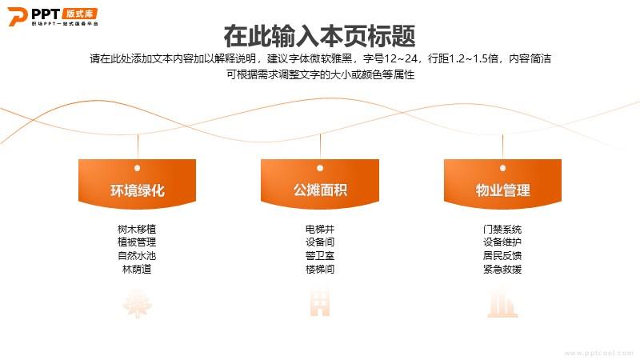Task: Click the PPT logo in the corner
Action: (x=53, y=17)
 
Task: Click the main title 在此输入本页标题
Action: (x=319, y=36)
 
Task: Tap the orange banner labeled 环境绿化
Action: (x=137, y=184)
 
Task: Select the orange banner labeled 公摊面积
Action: (x=320, y=184)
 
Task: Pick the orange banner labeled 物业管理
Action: (x=502, y=184)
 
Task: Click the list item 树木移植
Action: (x=137, y=229)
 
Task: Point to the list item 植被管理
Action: (x=137, y=242)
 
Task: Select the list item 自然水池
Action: (x=137, y=255)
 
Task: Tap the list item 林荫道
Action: (x=137, y=269)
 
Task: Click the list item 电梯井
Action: (x=320, y=229)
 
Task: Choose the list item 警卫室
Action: (x=320, y=255)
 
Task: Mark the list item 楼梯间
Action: (x=320, y=269)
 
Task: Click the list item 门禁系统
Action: (x=502, y=229)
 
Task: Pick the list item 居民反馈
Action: (x=502, y=255)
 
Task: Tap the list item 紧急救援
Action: (x=502, y=269)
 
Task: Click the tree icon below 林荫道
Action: (x=138, y=303)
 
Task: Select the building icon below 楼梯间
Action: (x=320, y=302)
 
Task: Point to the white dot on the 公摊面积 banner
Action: (x=320, y=168)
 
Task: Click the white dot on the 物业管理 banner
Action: (x=503, y=168)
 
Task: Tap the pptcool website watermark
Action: (x=598, y=353)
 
